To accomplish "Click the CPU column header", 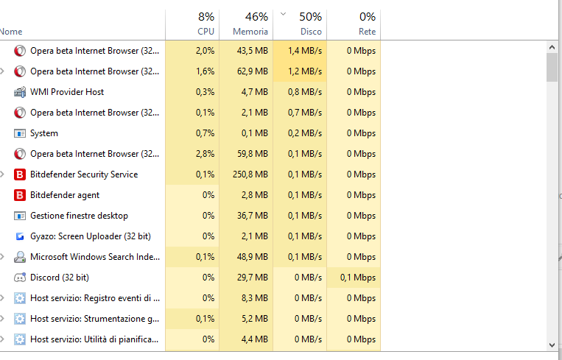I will pyautogui.click(x=192, y=24).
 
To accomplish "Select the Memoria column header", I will pyautogui.click(x=246, y=24).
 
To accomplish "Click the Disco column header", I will pyautogui.click(x=300, y=24).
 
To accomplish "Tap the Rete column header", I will pyautogui.click(x=354, y=24).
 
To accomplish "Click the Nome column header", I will pyautogui.click(x=12, y=32).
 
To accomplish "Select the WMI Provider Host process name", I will pyautogui.click(x=67, y=92).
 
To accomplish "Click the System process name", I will pyautogui.click(x=44, y=133).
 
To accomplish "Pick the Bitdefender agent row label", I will pyautogui.click(x=65, y=195).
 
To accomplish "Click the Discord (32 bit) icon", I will pyautogui.click(x=20, y=278).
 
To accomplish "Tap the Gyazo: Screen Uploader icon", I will pyautogui.click(x=20, y=236).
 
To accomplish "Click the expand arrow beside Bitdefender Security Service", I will pyautogui.click(x=3, y=174).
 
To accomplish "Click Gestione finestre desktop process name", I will pyautogui.click(x=79, y=216).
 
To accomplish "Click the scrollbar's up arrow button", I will pyautogui.click(x=552, y=47).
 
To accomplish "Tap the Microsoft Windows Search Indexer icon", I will pyautogui.click(x=20, y=257).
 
